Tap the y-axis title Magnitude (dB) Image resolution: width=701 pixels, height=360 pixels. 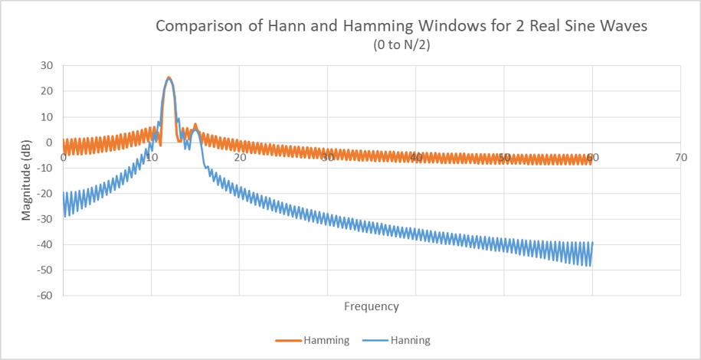27,180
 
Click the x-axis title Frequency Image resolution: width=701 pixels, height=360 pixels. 372,306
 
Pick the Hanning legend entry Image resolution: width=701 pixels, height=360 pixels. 409,339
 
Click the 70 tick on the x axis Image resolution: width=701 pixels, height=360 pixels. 680,157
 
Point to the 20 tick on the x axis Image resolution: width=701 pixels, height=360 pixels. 239,157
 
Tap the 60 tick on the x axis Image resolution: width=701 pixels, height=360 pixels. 592,157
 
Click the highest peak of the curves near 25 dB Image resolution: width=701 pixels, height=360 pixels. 169,77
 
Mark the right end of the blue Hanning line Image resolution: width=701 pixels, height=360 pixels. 592,243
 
